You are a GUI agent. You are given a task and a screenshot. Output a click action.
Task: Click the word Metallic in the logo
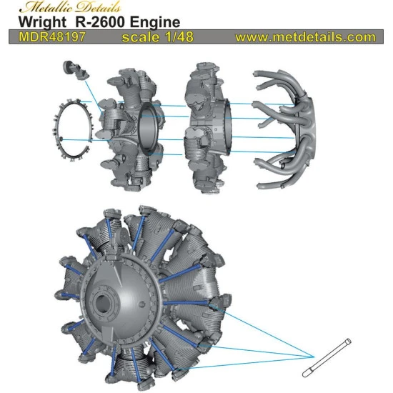pos(44,7)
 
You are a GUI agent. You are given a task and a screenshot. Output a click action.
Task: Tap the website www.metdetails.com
pos(305,36)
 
